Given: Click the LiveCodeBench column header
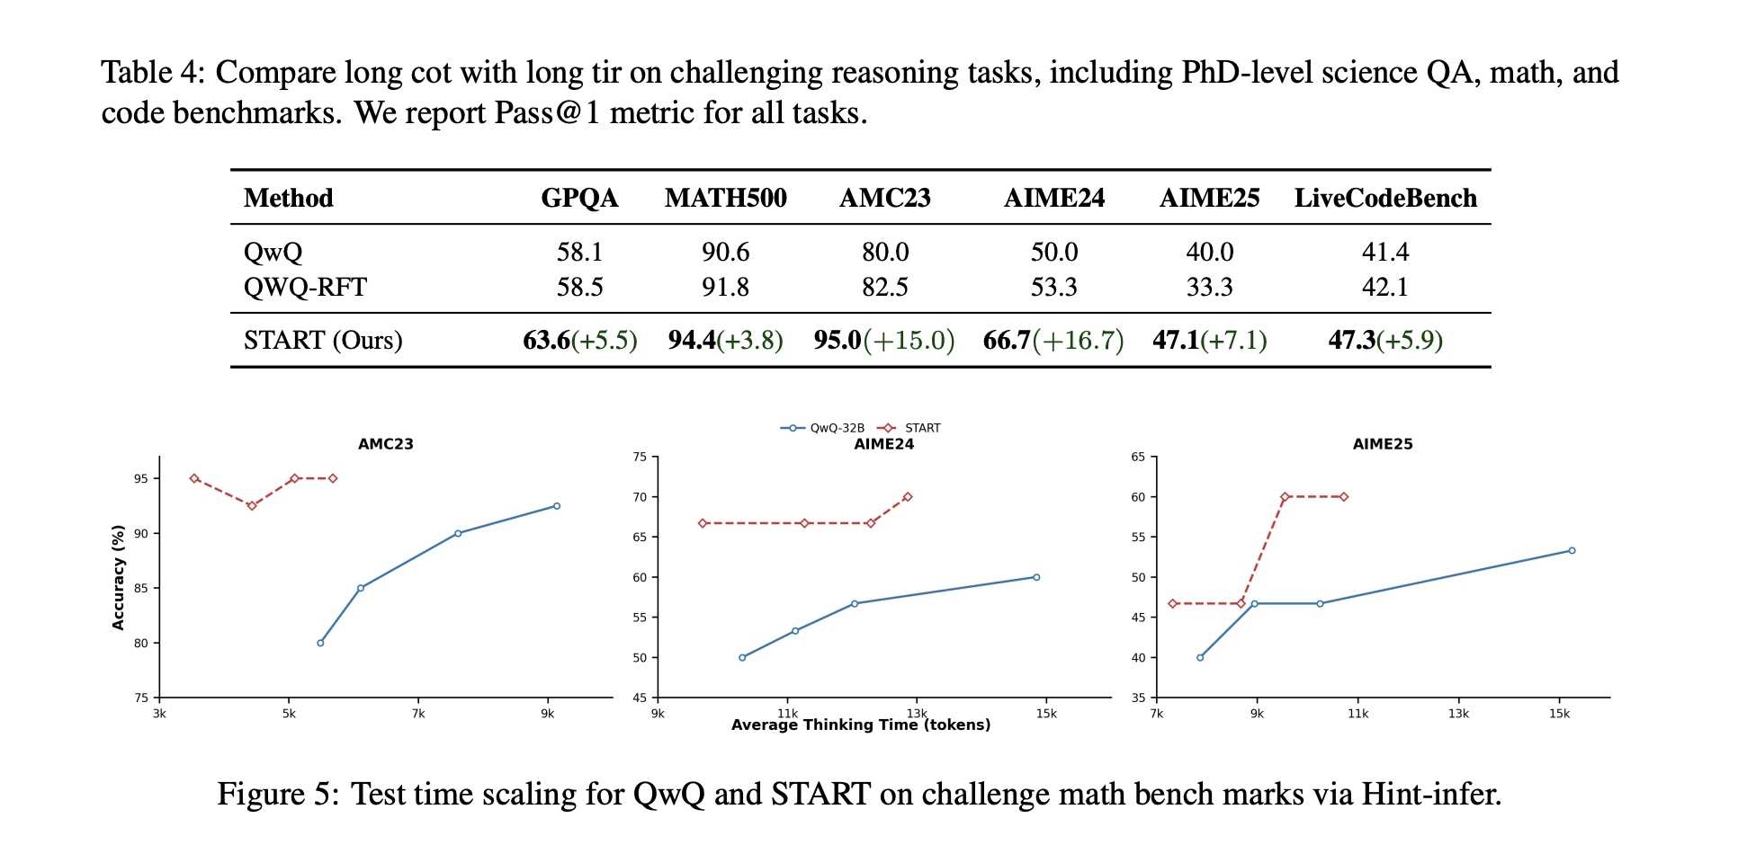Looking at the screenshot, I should click(1384, 198).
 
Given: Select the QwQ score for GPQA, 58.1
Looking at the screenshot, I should click(579, 252).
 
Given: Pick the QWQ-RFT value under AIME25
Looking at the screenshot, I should click(1209, 287).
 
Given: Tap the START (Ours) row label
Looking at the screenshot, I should click(323, 341).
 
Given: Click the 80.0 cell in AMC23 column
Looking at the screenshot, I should click(885, 252).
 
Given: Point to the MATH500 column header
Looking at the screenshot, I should click(725, 198).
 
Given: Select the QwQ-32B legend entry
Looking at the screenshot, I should click(823, 428).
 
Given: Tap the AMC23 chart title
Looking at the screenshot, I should click(385, 444).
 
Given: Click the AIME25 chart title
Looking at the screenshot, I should click(1383, 444).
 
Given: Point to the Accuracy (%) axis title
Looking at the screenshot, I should click(118, 578).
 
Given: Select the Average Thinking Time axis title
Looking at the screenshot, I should click(861, 725).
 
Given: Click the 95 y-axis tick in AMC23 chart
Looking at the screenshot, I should click(141, 479).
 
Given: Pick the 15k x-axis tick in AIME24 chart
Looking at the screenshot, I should click(1046, 714).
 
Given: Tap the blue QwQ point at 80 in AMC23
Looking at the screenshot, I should click(320, 643).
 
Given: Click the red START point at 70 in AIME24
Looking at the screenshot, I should click(908, 497).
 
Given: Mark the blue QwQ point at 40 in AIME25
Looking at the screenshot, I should click(1200, 657).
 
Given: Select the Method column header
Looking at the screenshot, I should click(288, 198).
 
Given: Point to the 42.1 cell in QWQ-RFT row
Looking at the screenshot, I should click(1384, 287).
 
